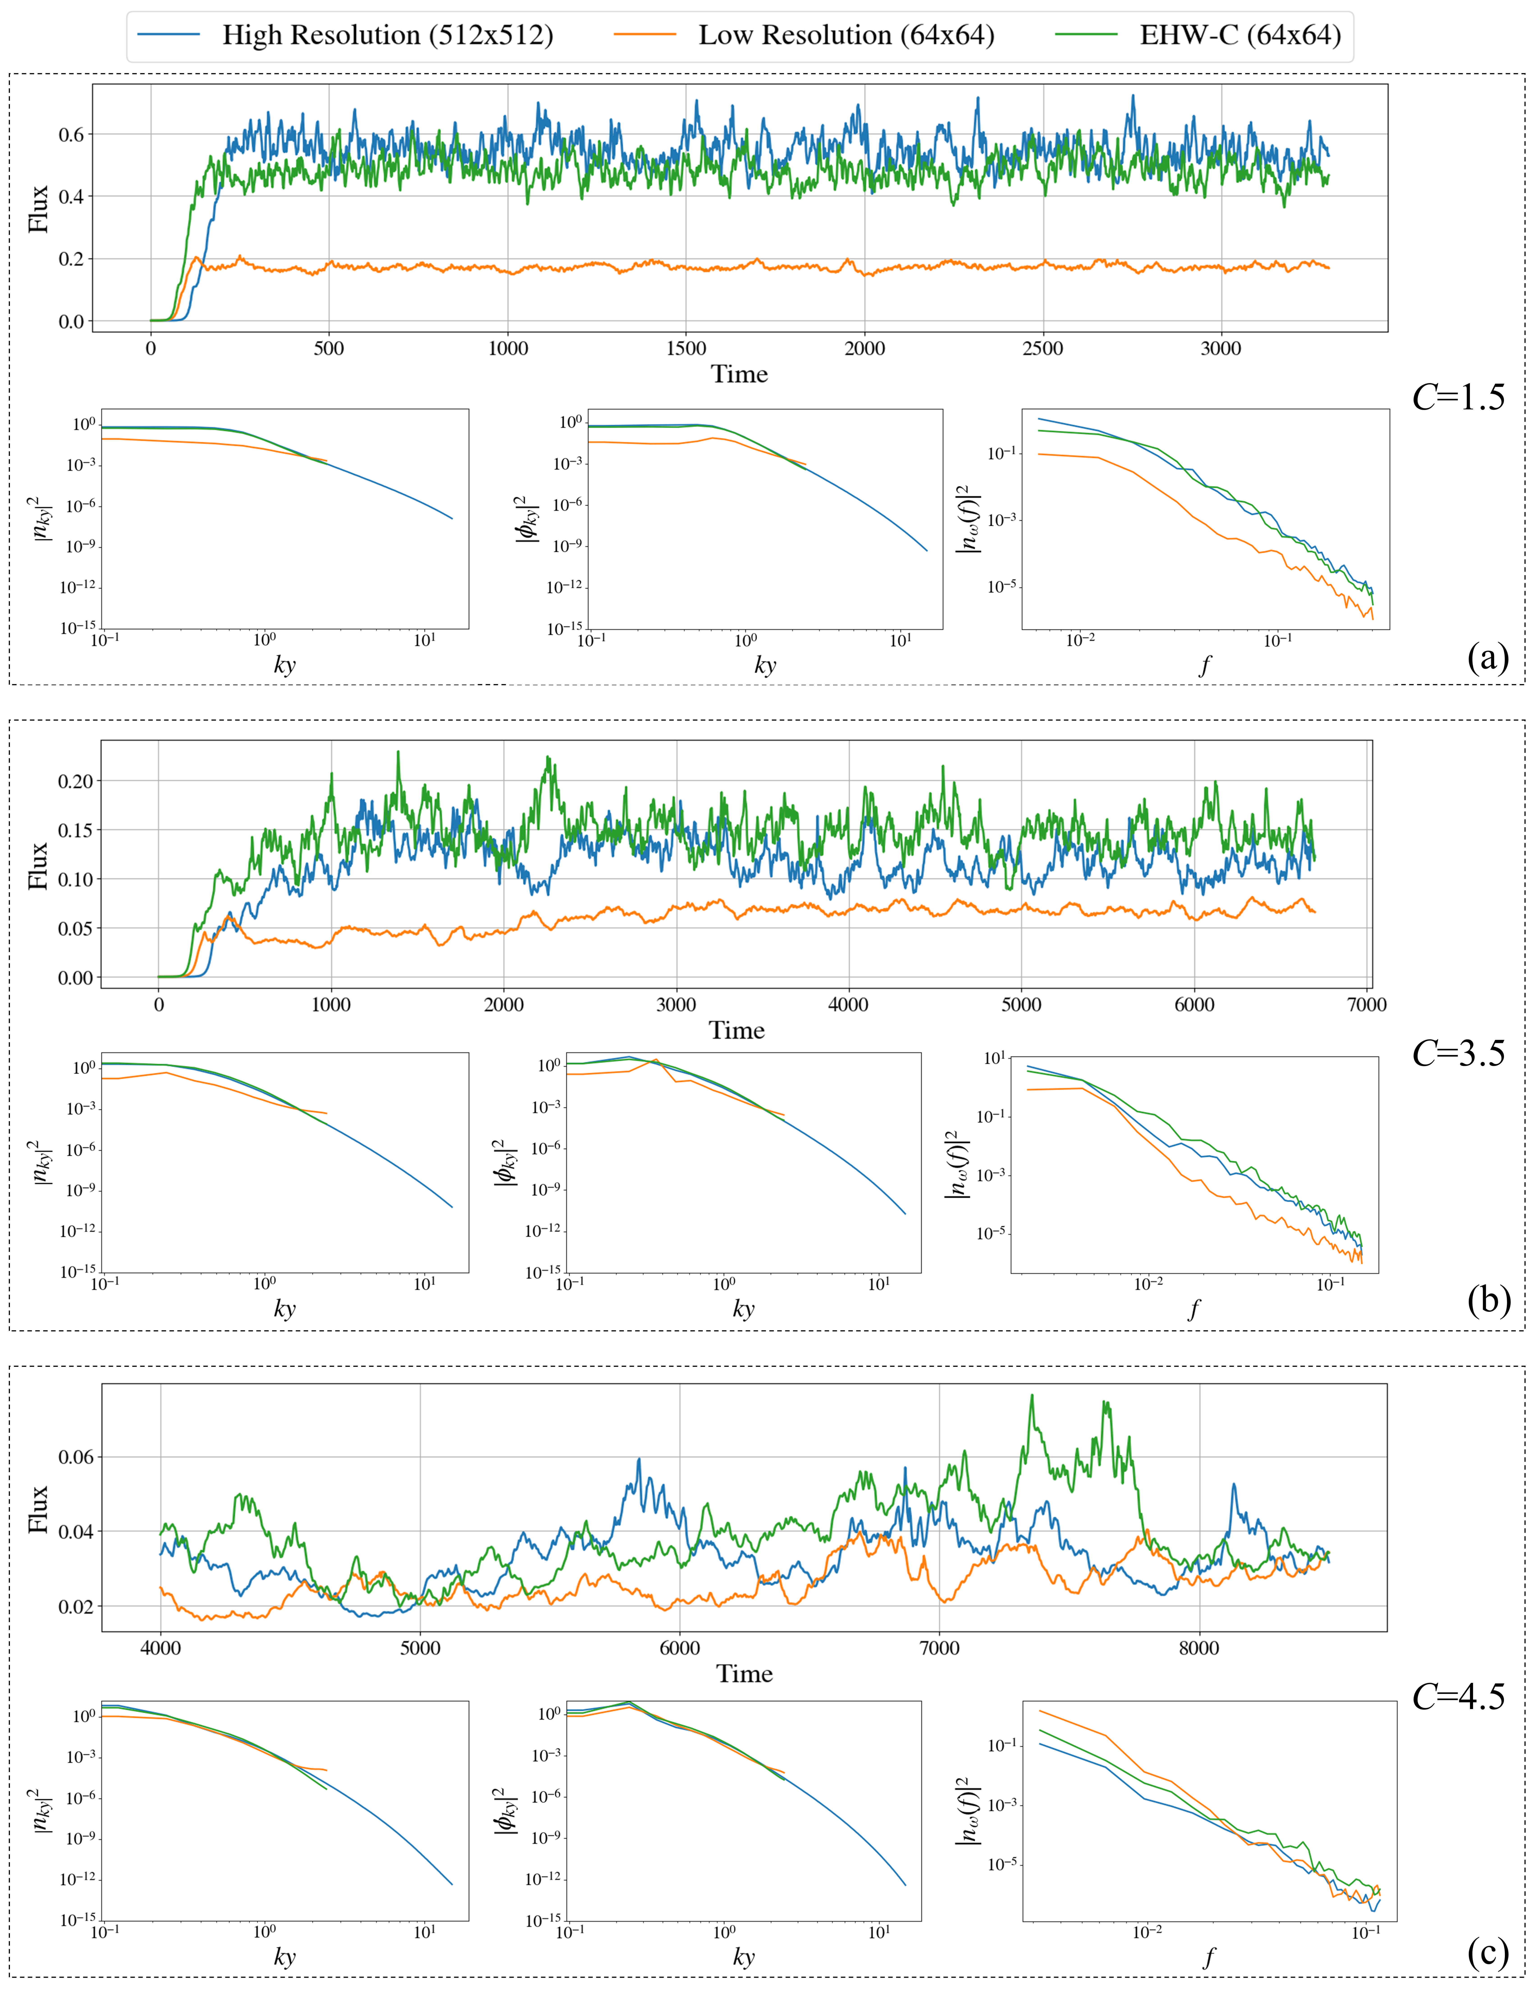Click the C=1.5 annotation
point(1458,397)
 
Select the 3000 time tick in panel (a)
point(1220,348)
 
